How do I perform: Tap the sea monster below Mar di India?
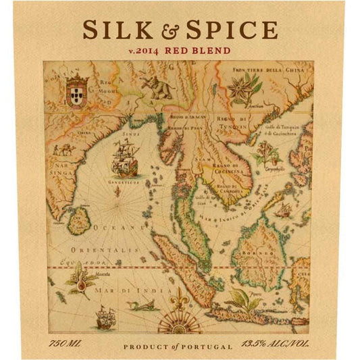(x=144, y=307)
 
